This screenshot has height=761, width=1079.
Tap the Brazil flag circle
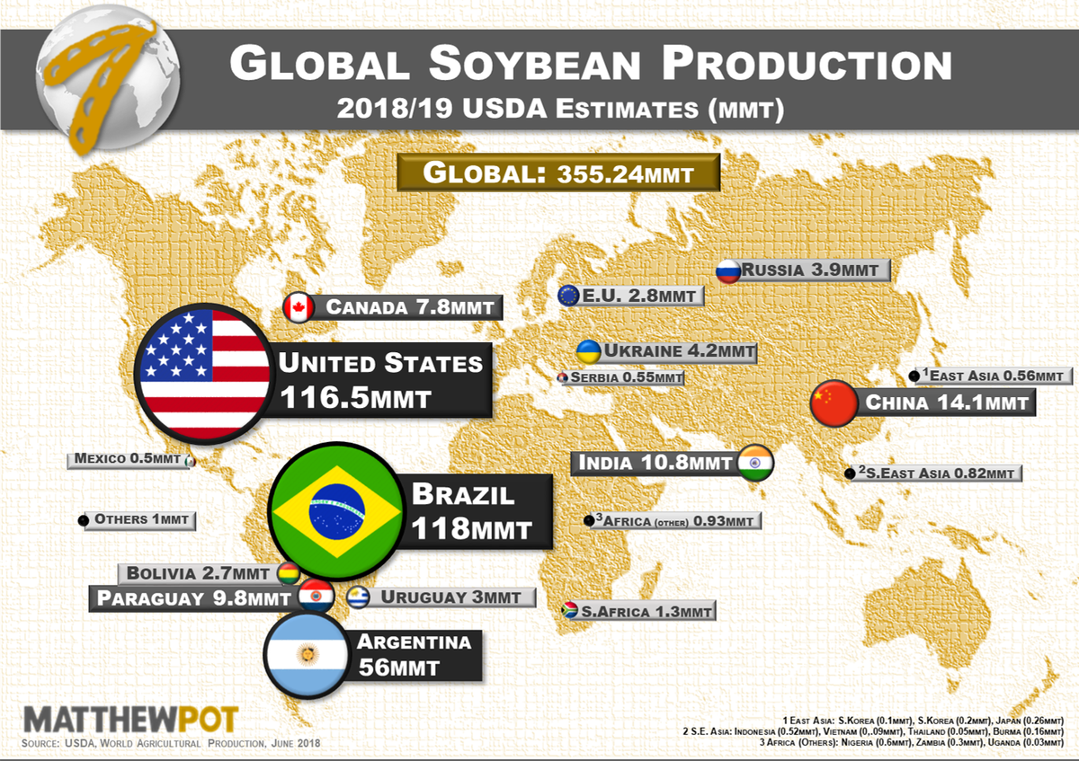(x=337, y=511)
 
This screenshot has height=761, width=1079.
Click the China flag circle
(x=835, y=403)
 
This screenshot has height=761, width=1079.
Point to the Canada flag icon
(x=297, y=308)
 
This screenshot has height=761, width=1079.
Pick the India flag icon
(x=754, y=464)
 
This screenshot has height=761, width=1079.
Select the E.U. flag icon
(x=568, y=296)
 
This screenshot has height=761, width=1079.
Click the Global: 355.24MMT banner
(x=558, y=173)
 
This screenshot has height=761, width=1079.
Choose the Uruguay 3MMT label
(x=454, y=597)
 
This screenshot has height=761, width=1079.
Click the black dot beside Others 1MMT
(x=84, y=520)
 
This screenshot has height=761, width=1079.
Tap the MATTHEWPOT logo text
(x=131, y=720)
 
